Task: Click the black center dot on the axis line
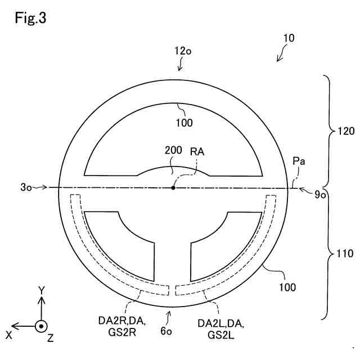(173, 187)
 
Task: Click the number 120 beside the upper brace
(346, 132)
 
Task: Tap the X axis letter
(9, 335)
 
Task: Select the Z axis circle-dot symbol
(41, 326)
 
